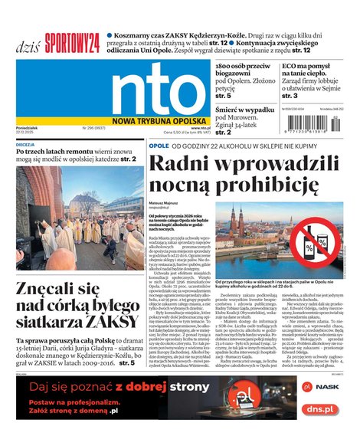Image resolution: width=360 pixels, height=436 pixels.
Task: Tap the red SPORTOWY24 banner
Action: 72,43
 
